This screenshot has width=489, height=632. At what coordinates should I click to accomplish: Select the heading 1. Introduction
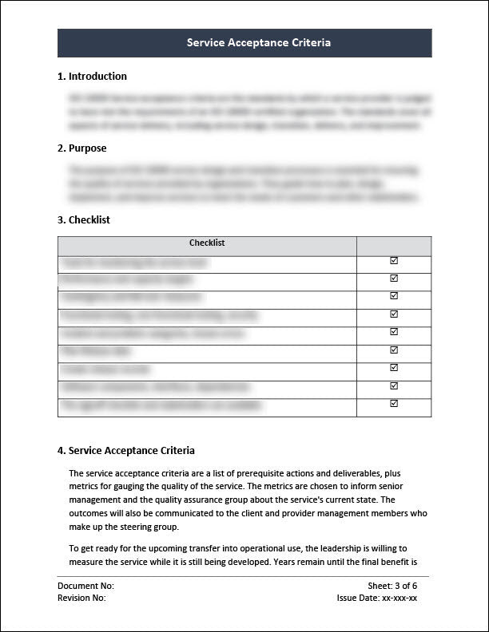92,77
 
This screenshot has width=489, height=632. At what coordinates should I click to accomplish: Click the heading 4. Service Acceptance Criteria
125,450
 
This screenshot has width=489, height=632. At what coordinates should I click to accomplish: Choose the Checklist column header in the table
207,243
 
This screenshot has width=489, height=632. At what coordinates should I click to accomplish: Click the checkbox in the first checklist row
394,261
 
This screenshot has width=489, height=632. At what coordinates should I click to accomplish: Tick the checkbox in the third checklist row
394,296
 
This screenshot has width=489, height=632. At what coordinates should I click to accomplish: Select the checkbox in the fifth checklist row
394,331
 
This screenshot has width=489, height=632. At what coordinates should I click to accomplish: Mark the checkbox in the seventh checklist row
394,367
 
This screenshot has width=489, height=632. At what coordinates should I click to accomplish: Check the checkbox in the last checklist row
394,404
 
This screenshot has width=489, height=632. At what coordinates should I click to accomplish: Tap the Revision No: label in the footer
81,597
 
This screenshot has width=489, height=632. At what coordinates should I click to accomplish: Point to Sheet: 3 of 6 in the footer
392,586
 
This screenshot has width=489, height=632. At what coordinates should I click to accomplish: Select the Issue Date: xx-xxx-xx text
377,597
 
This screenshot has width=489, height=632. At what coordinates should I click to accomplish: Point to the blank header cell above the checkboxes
394,245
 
